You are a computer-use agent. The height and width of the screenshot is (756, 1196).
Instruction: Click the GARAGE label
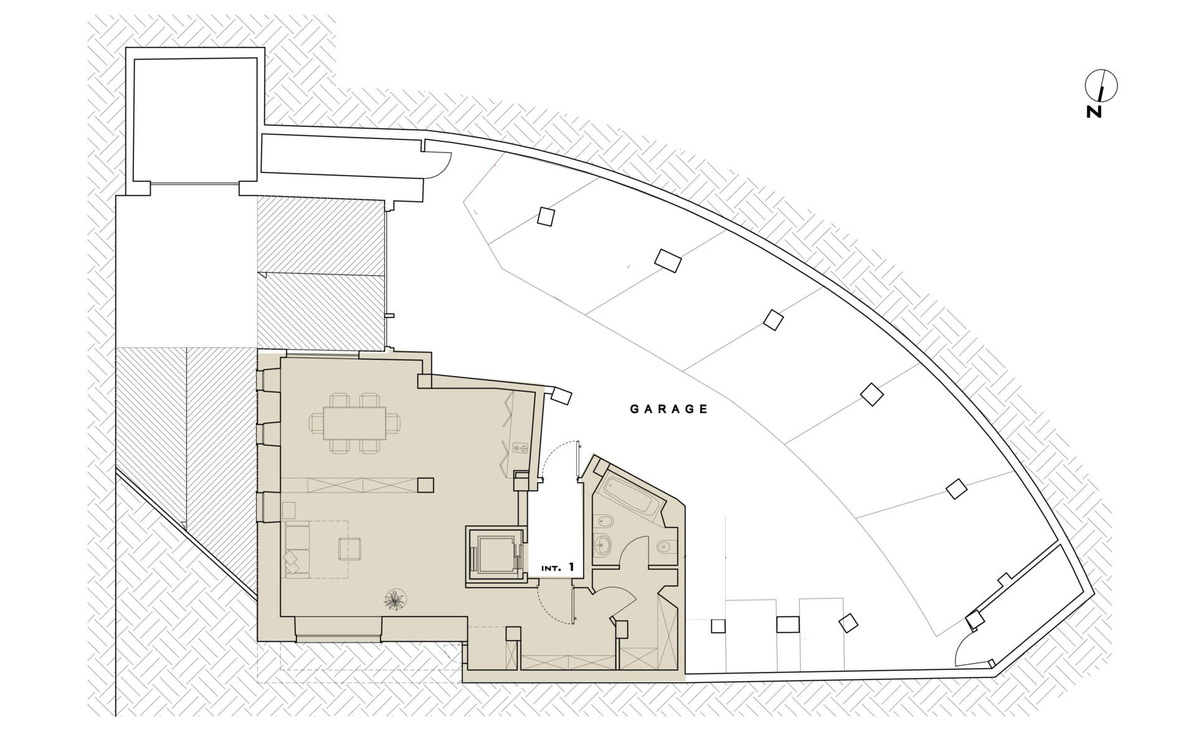669,409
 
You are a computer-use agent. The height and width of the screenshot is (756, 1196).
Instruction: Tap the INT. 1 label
557,568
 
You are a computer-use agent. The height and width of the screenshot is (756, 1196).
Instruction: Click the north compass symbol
1101,85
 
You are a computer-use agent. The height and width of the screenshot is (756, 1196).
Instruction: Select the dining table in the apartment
354,423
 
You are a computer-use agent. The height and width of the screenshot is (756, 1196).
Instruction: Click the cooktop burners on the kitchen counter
520,448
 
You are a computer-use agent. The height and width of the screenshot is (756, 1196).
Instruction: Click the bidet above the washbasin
603,521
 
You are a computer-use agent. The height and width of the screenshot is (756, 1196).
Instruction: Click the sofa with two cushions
297,549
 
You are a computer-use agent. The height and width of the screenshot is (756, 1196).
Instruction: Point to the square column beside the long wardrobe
425,484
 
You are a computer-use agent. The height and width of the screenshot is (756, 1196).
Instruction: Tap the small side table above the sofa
289,511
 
